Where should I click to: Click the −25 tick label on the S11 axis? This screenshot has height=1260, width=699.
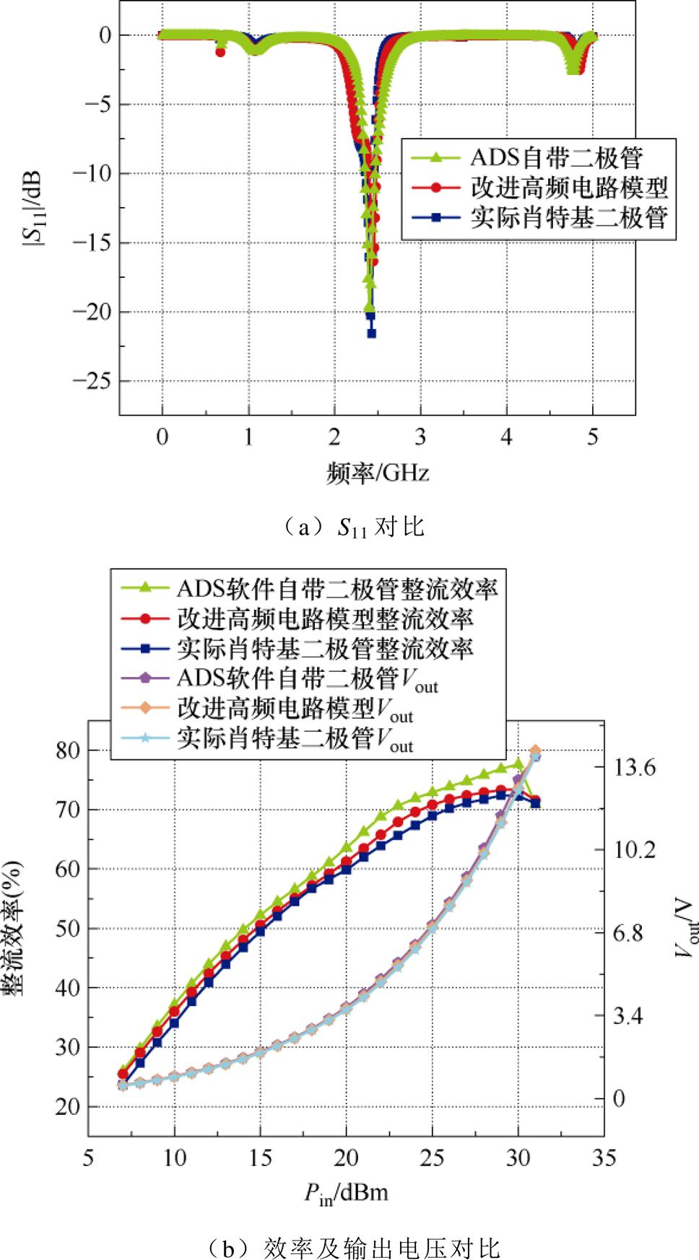tap(92, 381)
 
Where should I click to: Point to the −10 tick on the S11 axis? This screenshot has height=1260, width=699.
tap(92, 173)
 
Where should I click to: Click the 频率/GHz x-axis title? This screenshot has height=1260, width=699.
tap(378, 473)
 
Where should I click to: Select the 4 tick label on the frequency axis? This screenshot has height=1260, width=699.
tap(506, 437)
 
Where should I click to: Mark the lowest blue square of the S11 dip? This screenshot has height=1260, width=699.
tap(371, 333)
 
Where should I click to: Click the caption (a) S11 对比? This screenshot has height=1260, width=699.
tap(353, 528)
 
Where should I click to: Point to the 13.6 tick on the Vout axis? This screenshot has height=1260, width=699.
tap(635, 767)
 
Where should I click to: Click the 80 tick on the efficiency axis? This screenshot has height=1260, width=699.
tap(66, 751)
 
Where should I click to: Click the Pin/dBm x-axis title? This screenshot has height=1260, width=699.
tap(346, 1193)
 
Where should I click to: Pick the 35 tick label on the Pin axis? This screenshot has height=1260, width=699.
tap(604, 1158)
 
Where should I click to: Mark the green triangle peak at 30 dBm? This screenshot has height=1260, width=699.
tap(518, 764)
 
